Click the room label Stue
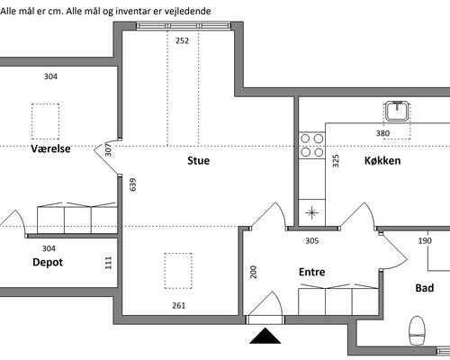pyautogui.click(x=198, y=160)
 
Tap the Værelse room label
pyautogui.click(x=50, y=148)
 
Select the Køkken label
pyautogui.click(x=382, y=160)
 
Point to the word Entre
pyautogui.click(x=312, y=272)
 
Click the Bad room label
pyautogui.click(x=425, y=288)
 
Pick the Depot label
pyautogui.click(x=48, y=263)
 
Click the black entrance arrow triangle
pyautogui.click(x=265, y=336)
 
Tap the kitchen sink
pyautogui.click(x=397, y=111)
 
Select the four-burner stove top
pyautogui.click(x=312, y=146)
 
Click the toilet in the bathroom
pyautogui.click(x=418, y=330)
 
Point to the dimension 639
pyautogui.click(x=132, y=184)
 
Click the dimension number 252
pyautogui.click(x=182, y=40)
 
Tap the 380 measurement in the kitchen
pyautogui.click(x=382, y=133)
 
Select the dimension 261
pyautogui.click(x=179, y=306)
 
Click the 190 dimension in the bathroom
pyautogui.click(x=425, y=240)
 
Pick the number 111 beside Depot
pyautogui.click(x=109, y=263)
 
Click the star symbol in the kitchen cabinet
pyautogui.click(x=312, y=212)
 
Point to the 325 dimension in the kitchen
pyautogui.click(x=336, y=161)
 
